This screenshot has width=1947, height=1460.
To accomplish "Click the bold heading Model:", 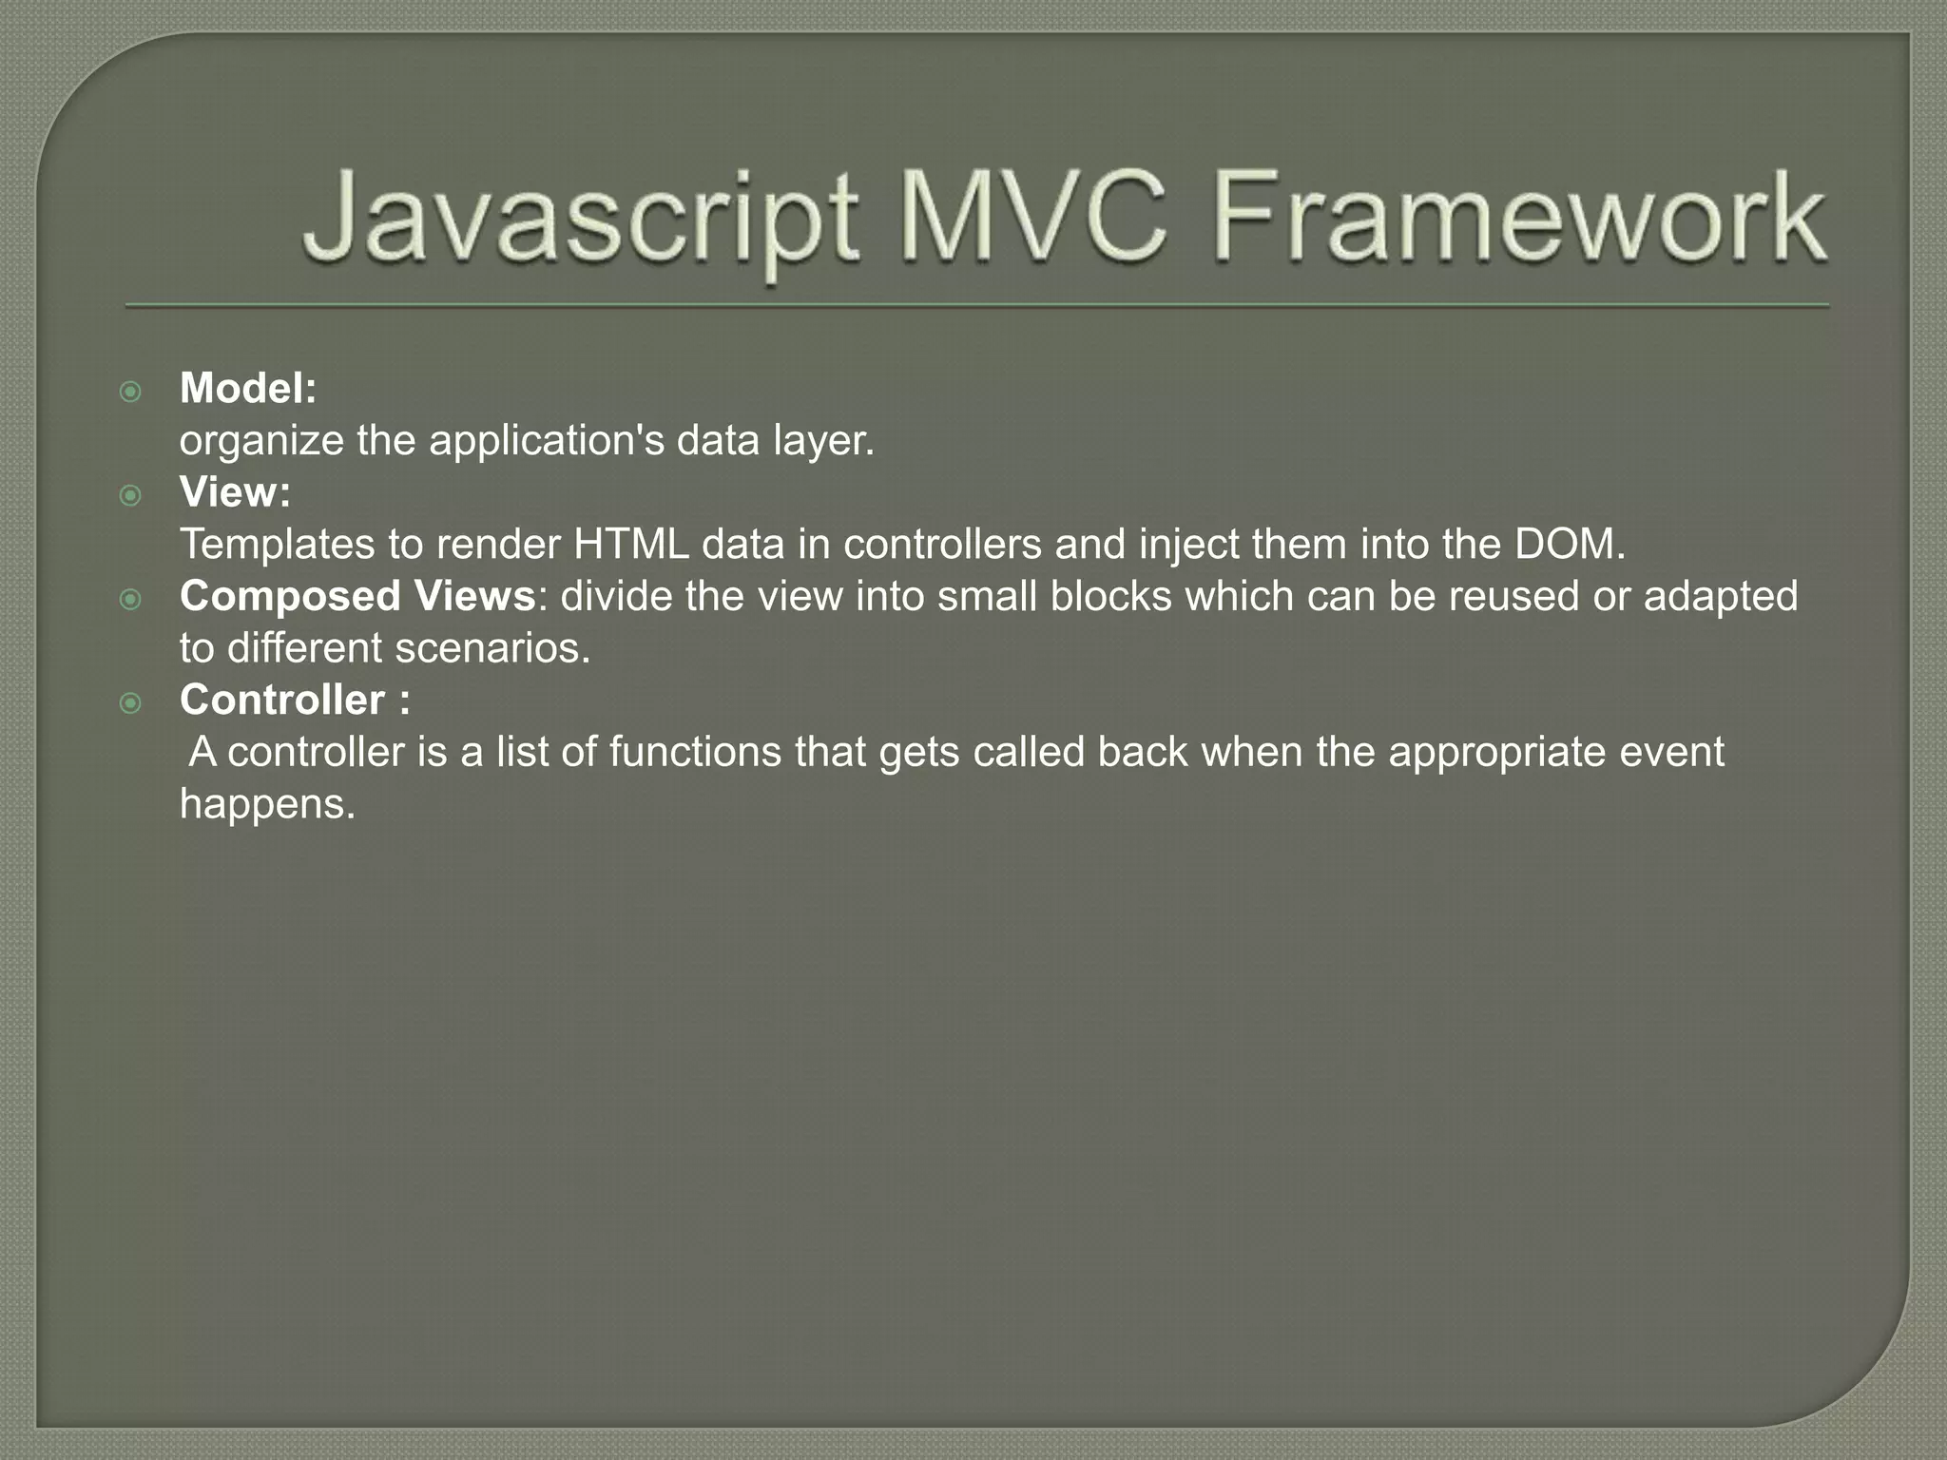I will coord(248,388).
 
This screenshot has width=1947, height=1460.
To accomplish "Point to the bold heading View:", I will coord(235,492).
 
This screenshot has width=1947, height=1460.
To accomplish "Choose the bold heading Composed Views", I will coord(357,596).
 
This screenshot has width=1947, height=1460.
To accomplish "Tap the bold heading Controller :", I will coord(295,700).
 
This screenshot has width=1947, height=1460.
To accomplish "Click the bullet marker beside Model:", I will coord(131,392).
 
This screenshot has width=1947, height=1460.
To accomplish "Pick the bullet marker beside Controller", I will coord(131,703).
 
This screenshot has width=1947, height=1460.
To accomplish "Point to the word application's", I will coord(546,441).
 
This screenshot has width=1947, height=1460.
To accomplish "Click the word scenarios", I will coord(492,648).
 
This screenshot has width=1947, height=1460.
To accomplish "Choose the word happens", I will coord(267,805).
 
